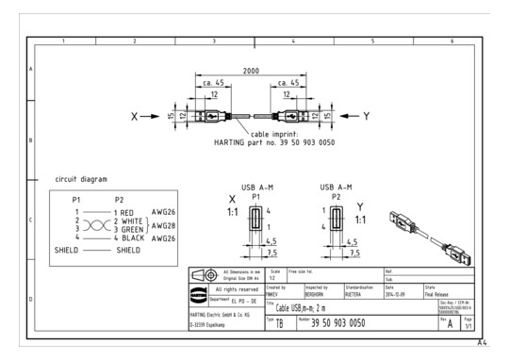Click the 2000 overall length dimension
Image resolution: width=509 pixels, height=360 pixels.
point(252,72)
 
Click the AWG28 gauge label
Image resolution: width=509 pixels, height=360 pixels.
point(164,226)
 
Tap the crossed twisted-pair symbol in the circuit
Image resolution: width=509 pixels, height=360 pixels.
point(93,226)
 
